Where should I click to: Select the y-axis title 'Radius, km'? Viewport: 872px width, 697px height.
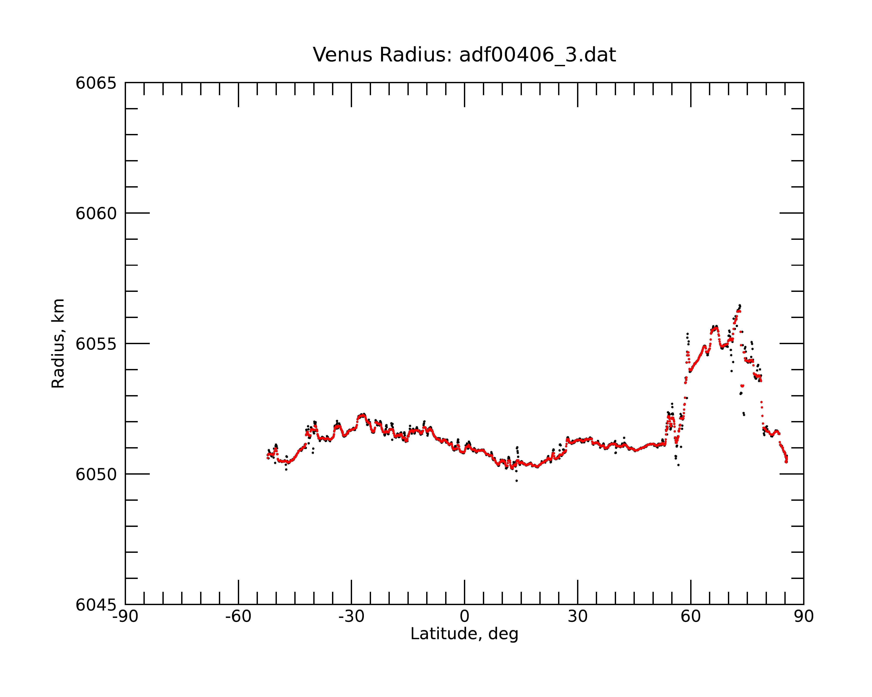[58, 343]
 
